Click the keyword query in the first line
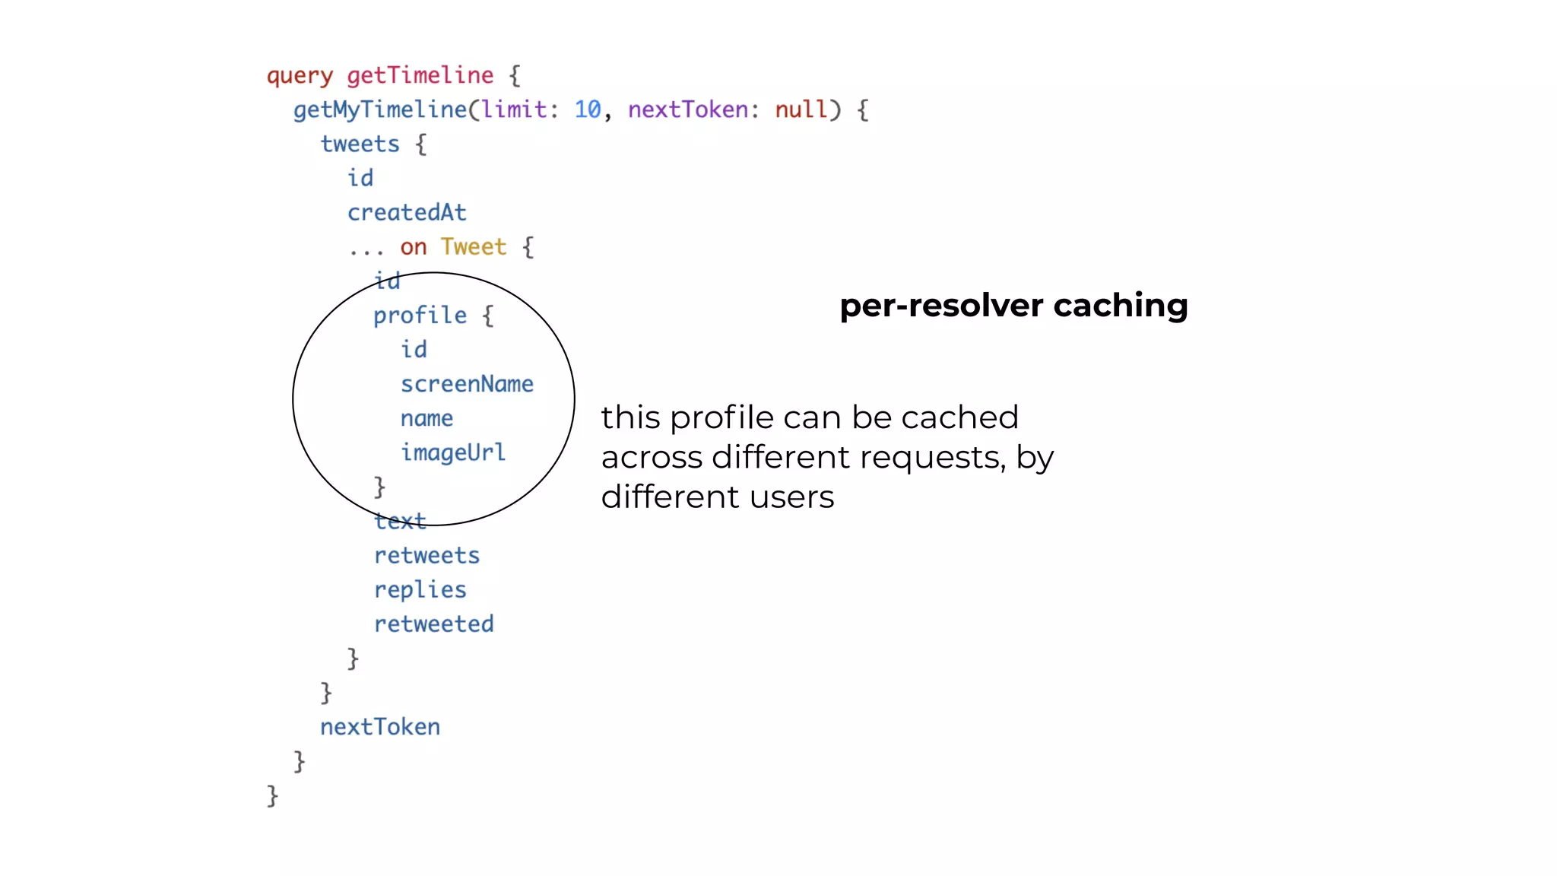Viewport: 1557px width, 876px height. [x=300, y=76]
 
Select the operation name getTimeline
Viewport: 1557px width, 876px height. [x=420, y=75]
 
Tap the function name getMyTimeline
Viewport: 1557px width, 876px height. [x=380, y=110]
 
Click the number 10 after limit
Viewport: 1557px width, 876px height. [x=587, y=110]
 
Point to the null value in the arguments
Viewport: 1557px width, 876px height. [x=801, y=110]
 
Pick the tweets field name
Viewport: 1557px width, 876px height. [x=360, y=144]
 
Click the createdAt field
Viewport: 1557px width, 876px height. [x=407, y=213]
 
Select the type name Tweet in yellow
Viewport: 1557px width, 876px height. [x=473, y=247]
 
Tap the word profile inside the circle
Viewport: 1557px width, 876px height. [x=420, y=316]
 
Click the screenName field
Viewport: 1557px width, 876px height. [x=467, y=384]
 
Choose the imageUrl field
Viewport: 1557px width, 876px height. [x=453, y=452]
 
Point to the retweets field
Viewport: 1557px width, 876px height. [x=427, y=556]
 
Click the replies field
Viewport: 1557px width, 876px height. [x=420, y=590]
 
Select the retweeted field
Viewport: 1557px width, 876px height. [x=433, y=624]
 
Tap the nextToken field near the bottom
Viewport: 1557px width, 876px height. [x=380, y=727]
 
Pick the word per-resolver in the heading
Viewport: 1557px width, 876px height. [x=941, y=306]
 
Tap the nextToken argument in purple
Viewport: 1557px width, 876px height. [x=687, y=110]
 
